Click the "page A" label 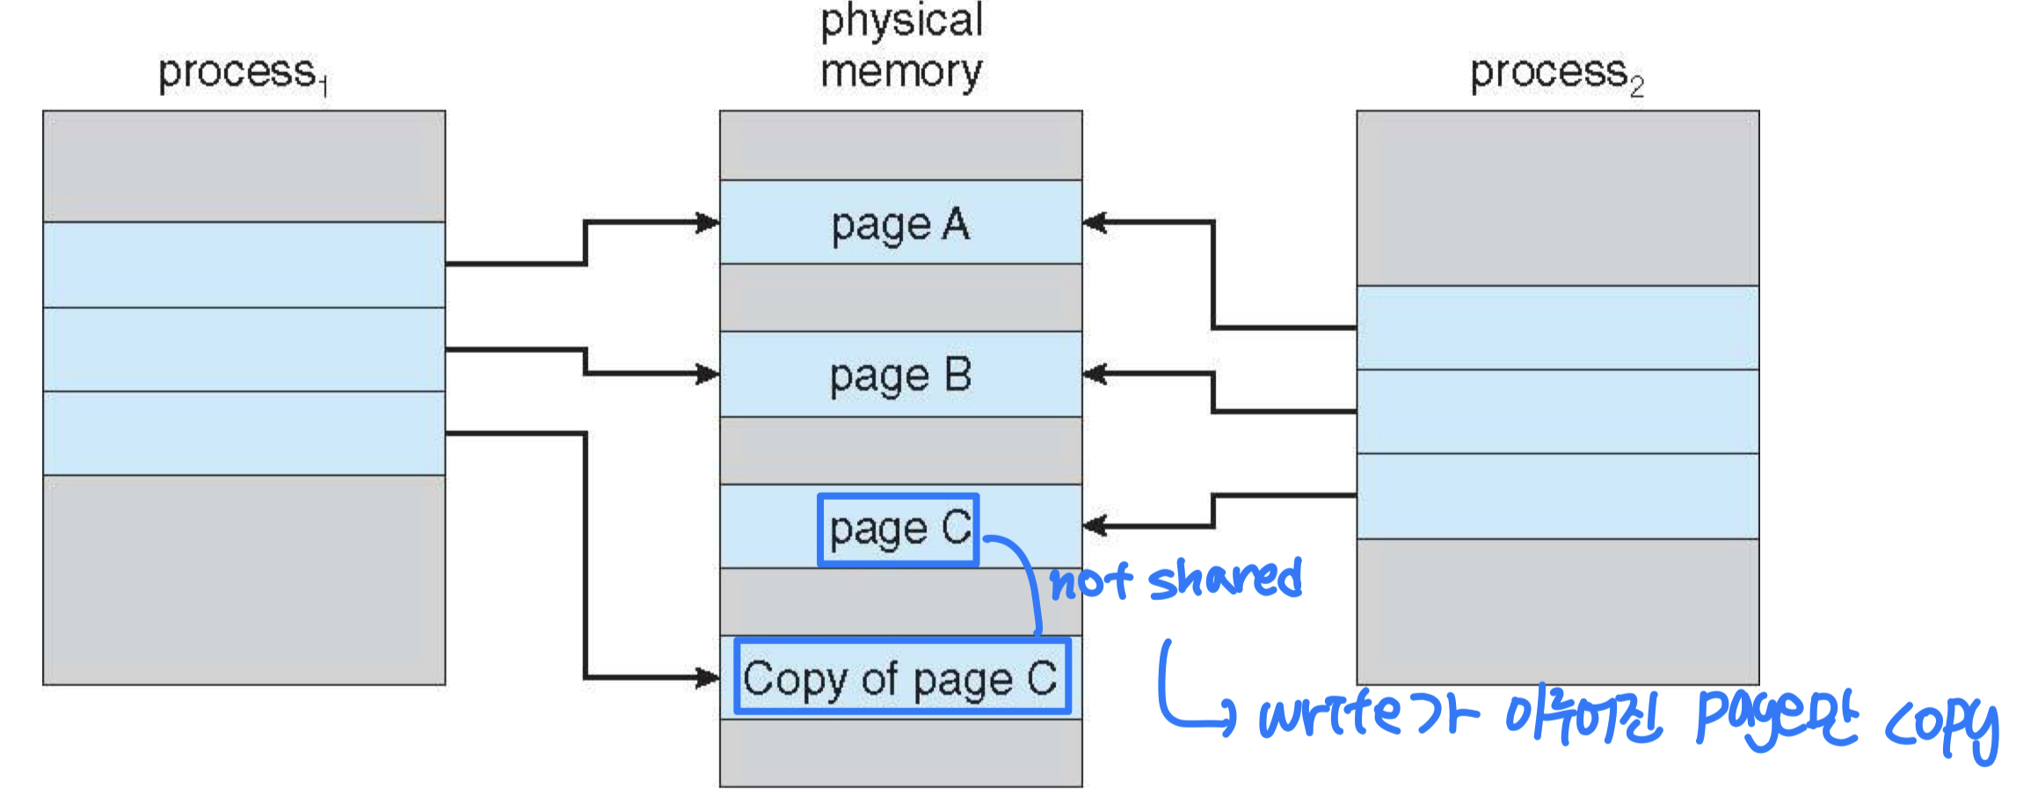(900, 225)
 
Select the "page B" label (900, 377)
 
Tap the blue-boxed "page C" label (899, 530)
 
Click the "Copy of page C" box (902, 677)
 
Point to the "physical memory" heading (901, 46)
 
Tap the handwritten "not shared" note (1176, 581)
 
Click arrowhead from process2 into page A (1093, 223)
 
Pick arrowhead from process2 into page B (1093, 374)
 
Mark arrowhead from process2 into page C (1093, 526)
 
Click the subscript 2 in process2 (1636, 87)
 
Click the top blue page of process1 (244, 264)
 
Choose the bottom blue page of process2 (1557, 496)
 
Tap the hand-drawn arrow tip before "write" (1229, 714)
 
